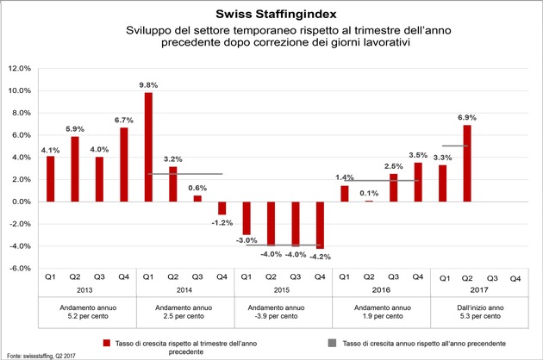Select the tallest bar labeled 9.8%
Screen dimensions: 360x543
(148, 146)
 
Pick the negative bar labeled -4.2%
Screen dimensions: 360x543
(320, 225)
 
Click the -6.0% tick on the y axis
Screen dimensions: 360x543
(20, 268)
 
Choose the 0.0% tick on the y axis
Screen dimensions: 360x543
(21, 202)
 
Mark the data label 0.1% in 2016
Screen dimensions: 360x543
(369, 193)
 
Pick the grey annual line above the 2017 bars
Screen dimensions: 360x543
(454, 146)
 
